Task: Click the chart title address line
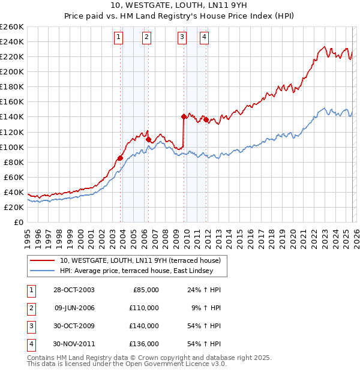click(x=179, y=6)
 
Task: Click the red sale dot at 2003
click(x=121, y=158)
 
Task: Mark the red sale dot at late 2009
click(x=184, y=116)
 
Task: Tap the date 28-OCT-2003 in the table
click(x=74, y=290)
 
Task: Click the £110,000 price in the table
click(x=145, y=308)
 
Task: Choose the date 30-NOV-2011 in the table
click(x=74, y=344)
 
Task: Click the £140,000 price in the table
click(x=145, y=326)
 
